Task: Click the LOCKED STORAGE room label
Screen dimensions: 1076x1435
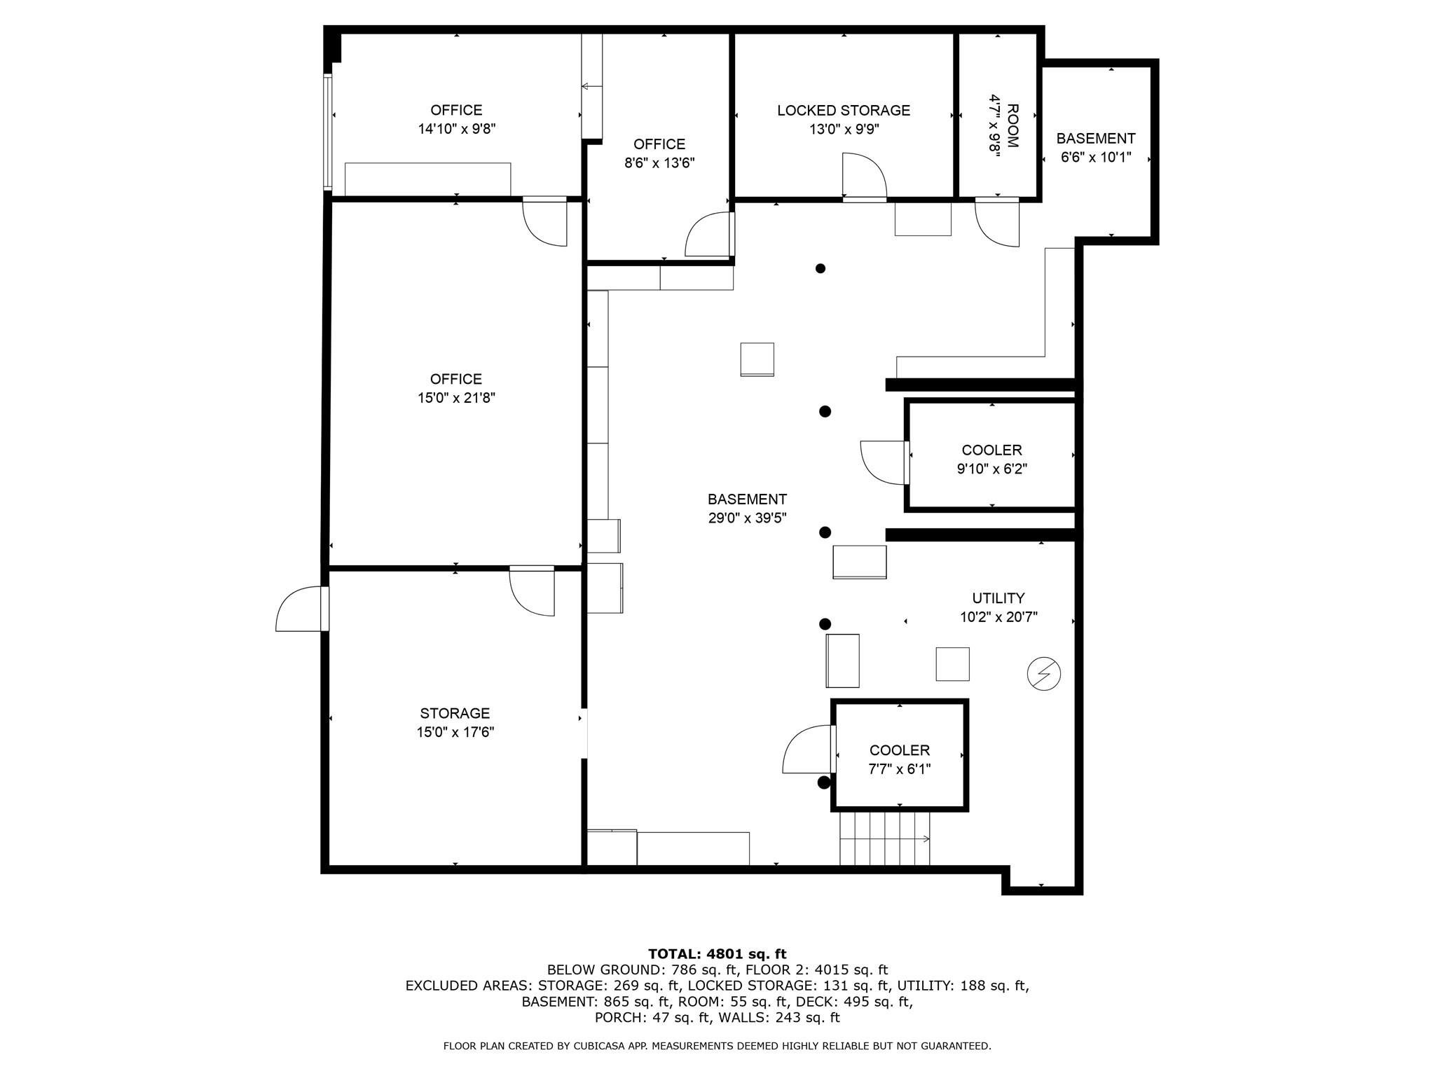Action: (843, 111)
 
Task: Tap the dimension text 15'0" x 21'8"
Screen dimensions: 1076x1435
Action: (455, 398)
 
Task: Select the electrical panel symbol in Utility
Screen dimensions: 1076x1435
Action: (1043, 674)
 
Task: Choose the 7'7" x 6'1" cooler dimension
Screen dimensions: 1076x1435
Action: (899, 769)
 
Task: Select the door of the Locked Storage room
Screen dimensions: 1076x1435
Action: (863, 178)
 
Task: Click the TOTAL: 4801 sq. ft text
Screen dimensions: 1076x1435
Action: (717, 953)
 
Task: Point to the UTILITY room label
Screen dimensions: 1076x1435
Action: (998, 598)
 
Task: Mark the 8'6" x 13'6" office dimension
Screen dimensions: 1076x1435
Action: (659, 163)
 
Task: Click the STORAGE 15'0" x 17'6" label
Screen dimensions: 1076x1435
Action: (455, 722)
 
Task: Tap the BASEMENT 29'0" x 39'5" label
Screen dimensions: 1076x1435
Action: (747, 509)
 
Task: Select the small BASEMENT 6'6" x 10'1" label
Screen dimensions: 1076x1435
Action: (1095, 148)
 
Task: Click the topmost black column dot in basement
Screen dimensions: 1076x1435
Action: (820, 268)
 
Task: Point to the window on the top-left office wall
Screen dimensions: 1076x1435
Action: (327, 132)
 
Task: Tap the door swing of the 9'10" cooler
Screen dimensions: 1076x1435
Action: (883, 462)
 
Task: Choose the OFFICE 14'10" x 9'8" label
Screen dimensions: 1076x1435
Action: (456, 119)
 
